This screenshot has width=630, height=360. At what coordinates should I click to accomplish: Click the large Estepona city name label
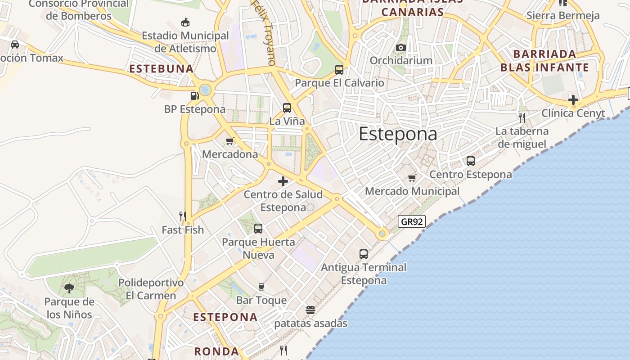point(398,134)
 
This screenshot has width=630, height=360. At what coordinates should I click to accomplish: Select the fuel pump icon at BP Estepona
point(195,95)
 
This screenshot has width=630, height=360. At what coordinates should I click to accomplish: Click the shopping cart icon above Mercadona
point(230,141)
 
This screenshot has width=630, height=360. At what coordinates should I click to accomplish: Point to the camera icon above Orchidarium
point(401,47)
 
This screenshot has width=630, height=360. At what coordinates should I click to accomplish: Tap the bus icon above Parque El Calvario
point(339,70)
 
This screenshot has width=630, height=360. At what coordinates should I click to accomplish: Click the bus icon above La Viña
point(287,108)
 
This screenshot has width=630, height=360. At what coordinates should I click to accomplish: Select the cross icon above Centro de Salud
point(283,181)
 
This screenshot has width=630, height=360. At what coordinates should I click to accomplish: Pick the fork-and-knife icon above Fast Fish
point(183,216)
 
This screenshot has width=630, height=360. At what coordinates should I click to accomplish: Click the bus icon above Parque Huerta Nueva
point(258,229)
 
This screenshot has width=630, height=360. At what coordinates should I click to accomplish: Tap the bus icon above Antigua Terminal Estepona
point(364,254)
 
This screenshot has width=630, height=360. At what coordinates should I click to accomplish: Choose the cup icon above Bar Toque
point(261,287)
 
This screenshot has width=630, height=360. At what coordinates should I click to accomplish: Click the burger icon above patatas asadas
point(310,310)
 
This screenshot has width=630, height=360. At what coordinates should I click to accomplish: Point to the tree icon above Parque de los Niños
point(69,288)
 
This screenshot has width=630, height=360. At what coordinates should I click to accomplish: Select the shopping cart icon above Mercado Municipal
point(412,178)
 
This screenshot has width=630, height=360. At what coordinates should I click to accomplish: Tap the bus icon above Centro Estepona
point(471,161)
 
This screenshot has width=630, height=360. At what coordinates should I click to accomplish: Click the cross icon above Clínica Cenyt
point(573,100)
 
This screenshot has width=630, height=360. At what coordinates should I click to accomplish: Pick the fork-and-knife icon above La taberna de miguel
point(522,118)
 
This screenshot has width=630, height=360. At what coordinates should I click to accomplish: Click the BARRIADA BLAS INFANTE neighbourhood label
point(544,61)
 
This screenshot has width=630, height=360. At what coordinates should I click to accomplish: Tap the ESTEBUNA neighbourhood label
point(162,69)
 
